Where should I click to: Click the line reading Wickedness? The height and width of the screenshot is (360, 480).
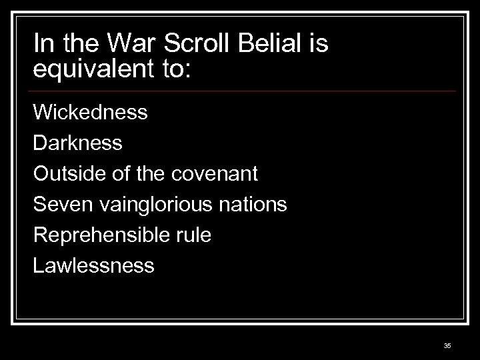[x=90, y=111]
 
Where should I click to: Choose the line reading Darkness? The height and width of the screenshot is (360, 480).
[x=77, y=143]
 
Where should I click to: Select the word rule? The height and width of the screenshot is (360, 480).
[x=196, y=235]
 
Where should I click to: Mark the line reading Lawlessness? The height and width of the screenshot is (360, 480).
[x=94, y=266]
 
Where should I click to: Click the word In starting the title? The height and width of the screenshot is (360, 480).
[x=41, y=45]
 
